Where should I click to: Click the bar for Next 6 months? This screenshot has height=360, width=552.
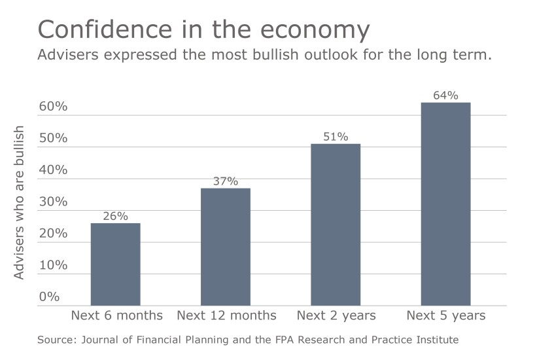point(115,264)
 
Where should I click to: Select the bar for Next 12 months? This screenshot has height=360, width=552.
point(225,246)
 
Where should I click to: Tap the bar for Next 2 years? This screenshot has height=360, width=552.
point(336,224)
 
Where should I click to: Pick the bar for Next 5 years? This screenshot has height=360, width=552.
point(445,204)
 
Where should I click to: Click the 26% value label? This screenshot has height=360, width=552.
point(115,216)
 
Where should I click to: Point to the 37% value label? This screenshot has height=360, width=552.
point(225,181)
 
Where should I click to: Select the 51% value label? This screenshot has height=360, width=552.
point(336,137)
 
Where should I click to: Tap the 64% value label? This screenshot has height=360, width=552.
point(445,96)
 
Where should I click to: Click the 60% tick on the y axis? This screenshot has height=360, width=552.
point(53,107)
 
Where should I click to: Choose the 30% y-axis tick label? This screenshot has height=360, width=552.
point(53,202)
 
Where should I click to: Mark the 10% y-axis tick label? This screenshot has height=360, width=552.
point(53,265)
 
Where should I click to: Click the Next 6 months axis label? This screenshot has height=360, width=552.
point(116,315)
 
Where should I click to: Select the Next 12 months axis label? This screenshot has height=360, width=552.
point(226,315)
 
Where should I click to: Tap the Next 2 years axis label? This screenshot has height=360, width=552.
point(336,315)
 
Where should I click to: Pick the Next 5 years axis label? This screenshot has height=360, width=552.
point(446,315)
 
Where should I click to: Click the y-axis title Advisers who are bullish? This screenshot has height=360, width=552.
point(20,202)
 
